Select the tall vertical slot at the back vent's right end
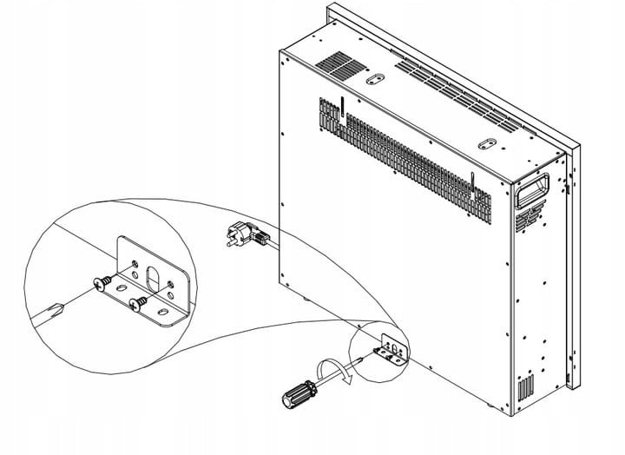tap(474, 183)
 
